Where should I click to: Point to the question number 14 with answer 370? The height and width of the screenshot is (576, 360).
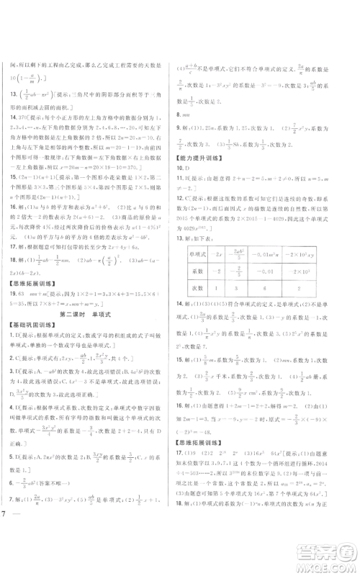(x=10, y=114)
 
